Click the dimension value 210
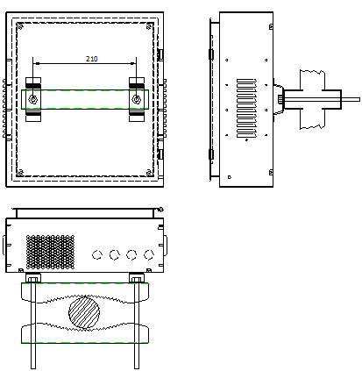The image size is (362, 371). (x=91, y=58)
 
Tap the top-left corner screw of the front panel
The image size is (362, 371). (x=21, y=27)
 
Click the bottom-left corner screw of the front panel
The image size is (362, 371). (x=21, y=171)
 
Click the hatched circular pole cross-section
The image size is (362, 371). (x=86, y=311)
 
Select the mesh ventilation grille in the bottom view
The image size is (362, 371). (x=50, y=251)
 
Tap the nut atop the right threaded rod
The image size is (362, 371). (x=137, y=279)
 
